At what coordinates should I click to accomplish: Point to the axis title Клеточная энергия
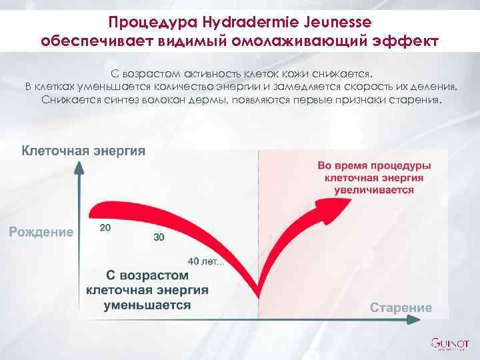pyautogui.click(x=84, y=151)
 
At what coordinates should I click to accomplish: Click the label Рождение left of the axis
pyautogui.click(x=41, y=232)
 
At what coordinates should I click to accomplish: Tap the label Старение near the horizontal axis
pyautogui.click(x=401, y=307)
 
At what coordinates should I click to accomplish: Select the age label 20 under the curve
pyautogui.click(x=105, y=227)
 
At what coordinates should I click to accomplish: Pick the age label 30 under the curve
pyautogui.click(x=159, y=237)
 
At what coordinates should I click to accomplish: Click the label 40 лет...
pyautogui.click(x=207, y=260)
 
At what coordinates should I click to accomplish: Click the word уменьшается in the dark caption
pyautogui.click(x=147, y=304)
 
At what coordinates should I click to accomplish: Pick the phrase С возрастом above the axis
pyautogui.click(x=147, y=275)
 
